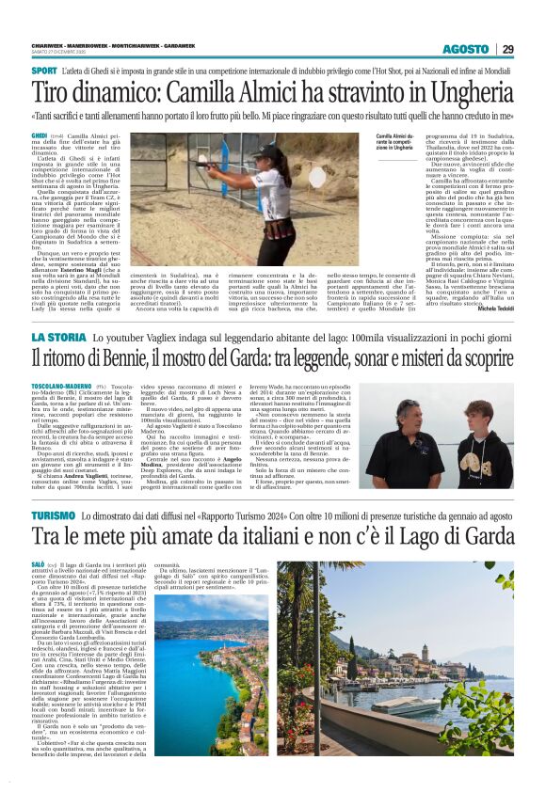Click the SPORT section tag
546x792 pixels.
coord(43,71)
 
